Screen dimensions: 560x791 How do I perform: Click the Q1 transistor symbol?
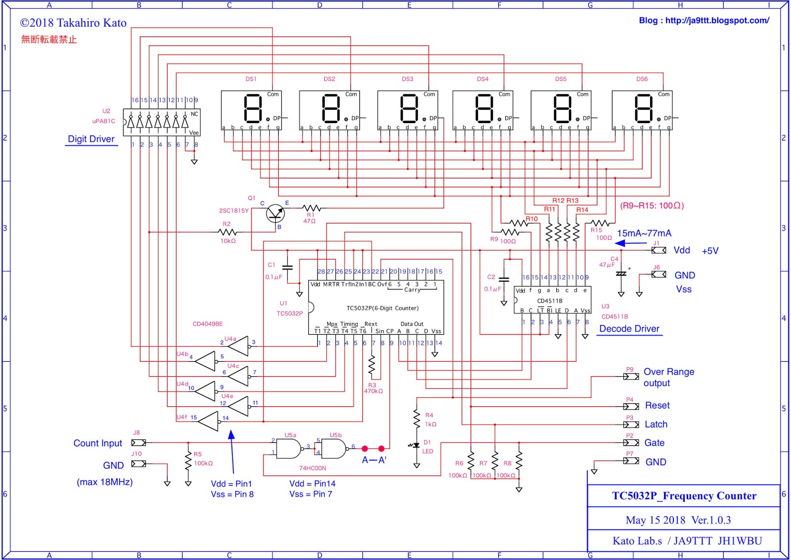[x=275, y=214]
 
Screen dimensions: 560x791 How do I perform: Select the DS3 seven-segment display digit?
[x=409, y=109]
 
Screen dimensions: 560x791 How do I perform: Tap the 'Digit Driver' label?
[x=91, y=139]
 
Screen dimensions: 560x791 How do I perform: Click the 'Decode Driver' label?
[x=629, y=329]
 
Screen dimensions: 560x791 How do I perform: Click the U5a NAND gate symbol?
[x=288, y=449]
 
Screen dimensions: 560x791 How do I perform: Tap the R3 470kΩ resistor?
[x=372, y=367]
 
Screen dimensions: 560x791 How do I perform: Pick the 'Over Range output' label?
[x=668, y=377]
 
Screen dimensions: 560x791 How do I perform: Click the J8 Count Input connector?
[x=138, y=442]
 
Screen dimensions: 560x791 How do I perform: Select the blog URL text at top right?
[x=703, y=21]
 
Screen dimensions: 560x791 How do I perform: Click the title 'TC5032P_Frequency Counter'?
[x=684, y=496]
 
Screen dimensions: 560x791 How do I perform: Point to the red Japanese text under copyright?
[x=49, y=40]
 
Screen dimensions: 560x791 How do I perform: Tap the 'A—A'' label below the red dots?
[x=374, y=460]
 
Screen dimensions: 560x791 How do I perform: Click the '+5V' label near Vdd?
[x=710, y=251]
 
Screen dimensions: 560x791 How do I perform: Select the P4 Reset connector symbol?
[x=631, y=406]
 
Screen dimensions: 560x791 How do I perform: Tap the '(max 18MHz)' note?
[x=105, y=482]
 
